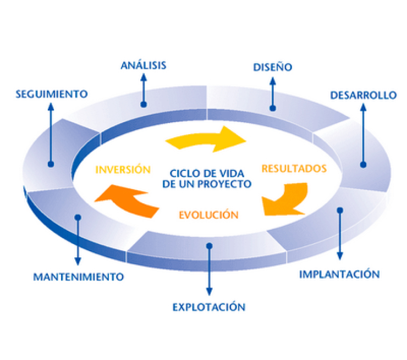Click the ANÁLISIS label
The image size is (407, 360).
143,66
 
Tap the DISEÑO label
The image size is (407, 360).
272,68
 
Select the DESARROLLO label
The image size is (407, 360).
363,95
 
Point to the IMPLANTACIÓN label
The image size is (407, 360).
339,274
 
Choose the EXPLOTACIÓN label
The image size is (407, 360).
208,307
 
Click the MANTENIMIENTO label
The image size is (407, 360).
78,276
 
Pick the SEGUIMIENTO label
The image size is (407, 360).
51,94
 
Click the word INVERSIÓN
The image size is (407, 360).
123,169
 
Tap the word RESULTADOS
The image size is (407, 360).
294,168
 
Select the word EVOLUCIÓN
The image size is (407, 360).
208,215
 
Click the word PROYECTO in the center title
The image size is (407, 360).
226,184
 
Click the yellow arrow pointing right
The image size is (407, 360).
206,139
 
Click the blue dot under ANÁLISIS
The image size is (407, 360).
143,103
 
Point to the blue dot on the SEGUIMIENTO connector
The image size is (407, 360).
51,163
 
